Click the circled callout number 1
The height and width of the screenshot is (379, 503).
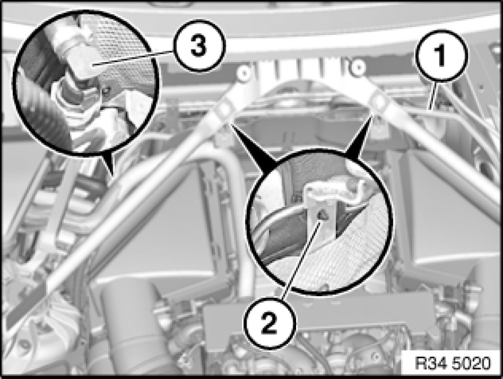coord(440,55)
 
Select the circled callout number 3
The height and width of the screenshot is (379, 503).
coord(199,46)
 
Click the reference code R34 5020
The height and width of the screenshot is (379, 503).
coord(452,363)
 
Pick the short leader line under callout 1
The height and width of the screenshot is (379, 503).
coord(436,95)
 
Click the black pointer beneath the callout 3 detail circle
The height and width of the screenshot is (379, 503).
coord(108,164)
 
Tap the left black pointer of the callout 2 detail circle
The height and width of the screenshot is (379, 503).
coord(254,145)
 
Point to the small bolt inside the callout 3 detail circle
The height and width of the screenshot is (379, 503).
coord(105,91)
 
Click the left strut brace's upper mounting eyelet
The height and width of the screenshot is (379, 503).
coord(244,72)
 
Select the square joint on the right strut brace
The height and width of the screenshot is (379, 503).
coord(379,102)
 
